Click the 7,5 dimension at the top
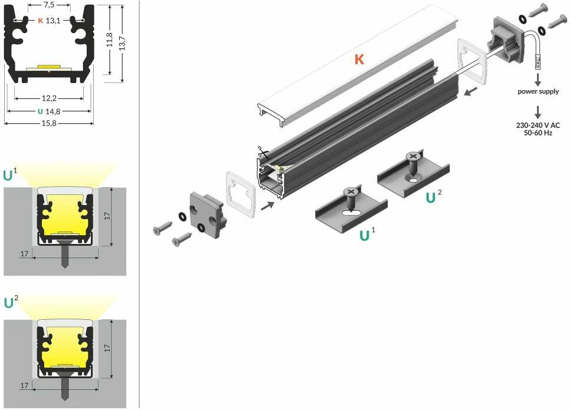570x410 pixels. [x=49, y=5]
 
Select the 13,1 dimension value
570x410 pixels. [x=53, y=21]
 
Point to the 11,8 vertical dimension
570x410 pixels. [x=109, y=39]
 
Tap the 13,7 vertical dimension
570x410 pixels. [x=122, y=43]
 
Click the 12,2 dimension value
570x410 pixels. [x=49, y=98]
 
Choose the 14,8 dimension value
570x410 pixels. [x=53, y=111]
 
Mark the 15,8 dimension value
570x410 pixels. [x=49, y=123]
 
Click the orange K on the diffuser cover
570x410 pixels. [x=359, y=59]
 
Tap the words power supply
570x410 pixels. [x=538, y=91]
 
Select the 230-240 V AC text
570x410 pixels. [x=538, y=125]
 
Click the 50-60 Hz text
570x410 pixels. [x=538, y=133]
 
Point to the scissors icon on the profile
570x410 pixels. [x=263, y=153]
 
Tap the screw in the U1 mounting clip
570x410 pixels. [x=351, y=199]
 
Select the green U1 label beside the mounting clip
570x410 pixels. [x=367, y=234]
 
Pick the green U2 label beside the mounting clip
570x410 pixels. [x=434, y=196]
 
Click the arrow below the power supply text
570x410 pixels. [x=538, y=79]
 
